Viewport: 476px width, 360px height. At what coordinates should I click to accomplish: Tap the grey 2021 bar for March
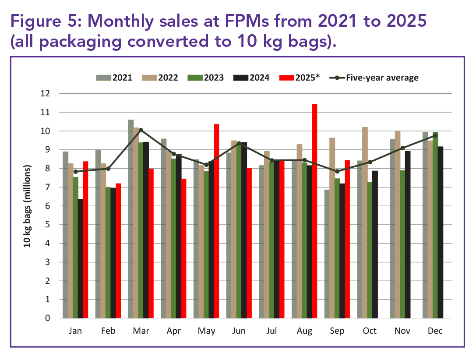tap(131, 219)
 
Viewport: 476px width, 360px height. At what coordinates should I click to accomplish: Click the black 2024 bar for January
tap(81, 258)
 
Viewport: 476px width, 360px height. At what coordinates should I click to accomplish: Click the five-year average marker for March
tap(141, 130)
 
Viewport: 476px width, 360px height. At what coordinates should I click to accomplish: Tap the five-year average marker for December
tap(435, 135)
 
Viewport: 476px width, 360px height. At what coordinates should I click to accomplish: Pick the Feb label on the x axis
tap(108, 331)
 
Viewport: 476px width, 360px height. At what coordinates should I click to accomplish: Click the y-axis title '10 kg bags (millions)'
tap(28, 206)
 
